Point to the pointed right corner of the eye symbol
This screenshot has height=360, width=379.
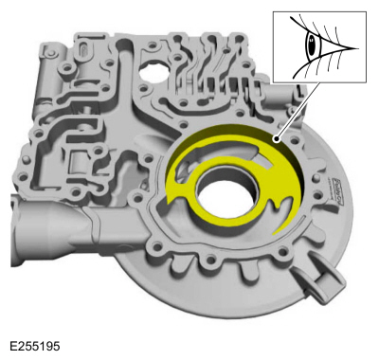pyautogui.click(x=355, y=45)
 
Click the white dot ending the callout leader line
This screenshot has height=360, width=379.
pyautogui.click(x=277, y=138)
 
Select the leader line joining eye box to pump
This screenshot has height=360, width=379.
pyautogui.click(x=293, y=114)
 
